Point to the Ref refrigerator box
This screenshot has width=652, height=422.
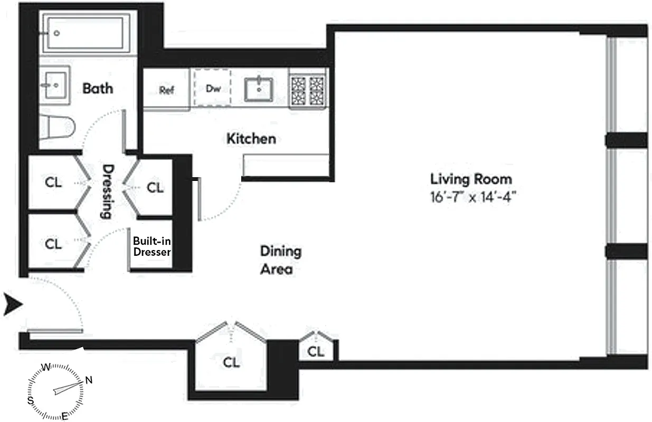(167, 90)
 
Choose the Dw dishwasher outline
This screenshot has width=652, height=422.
(212, 88)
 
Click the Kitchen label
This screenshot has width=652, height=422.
(251, 139)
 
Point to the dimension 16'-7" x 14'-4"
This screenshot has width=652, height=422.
(473, 197)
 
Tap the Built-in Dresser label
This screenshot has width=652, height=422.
(152, 246)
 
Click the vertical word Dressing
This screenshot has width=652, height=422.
(107, 191)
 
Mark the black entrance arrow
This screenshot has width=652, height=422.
(14, 305)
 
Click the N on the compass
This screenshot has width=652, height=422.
(89, 379)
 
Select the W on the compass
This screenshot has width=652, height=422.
(46, 367)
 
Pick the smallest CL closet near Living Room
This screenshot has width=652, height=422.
(316, 351)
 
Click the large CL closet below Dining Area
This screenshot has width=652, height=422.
(231, 362)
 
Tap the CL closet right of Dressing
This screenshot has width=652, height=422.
(155, 187)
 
